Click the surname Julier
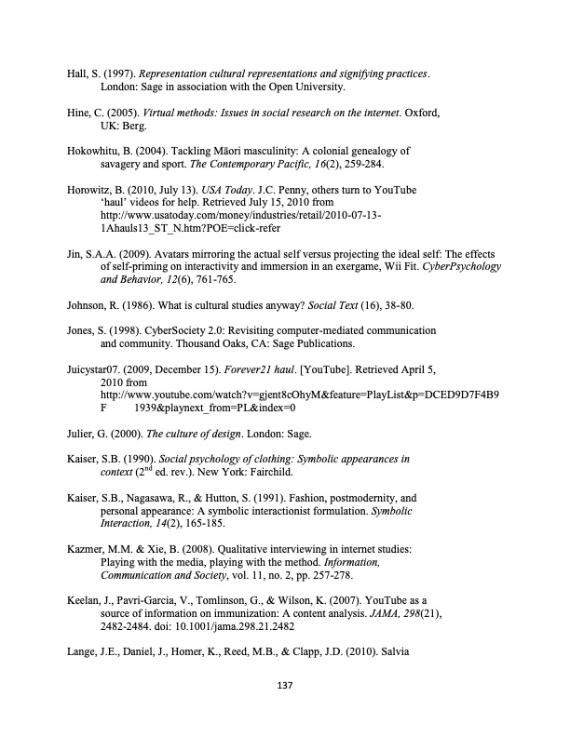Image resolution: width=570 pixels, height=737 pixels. [x=81, y=433]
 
